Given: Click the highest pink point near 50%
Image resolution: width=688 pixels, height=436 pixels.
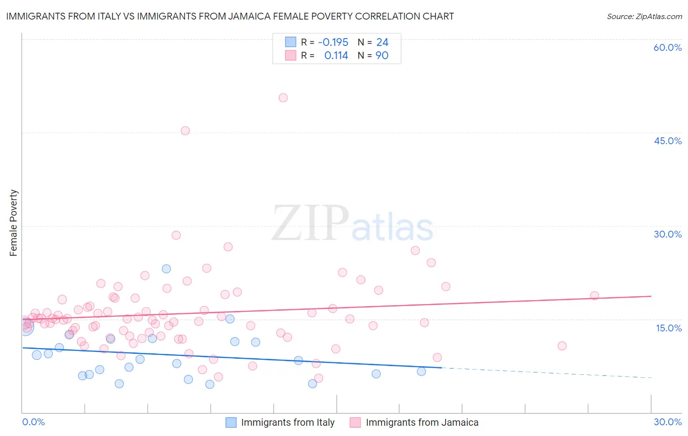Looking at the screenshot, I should coord(283,98).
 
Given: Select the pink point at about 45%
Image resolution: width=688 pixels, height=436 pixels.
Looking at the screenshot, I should coord(185,131).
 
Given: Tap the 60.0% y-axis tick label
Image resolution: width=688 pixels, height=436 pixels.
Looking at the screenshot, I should coord(667,47).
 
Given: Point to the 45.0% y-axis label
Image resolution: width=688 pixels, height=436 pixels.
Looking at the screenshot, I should coord(667,141).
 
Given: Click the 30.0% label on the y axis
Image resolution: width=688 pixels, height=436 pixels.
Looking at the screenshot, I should coord(667,234).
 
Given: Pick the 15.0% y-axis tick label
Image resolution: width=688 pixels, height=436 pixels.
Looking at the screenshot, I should coord(668,328).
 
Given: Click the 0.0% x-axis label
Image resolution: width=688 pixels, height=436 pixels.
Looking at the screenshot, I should coord(33,422).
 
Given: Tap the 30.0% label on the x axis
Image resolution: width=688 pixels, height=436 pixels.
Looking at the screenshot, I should coord(667,422).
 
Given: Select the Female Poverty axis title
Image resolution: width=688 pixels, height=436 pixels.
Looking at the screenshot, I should coord(14,223).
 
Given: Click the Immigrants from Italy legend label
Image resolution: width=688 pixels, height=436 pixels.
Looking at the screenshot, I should coord(288,422).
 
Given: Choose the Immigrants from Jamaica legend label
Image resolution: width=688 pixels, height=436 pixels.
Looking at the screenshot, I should coord(422,422).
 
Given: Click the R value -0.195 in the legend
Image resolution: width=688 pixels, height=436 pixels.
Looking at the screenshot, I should coord(333,43).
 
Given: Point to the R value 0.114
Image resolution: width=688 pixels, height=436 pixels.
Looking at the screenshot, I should coord(336,56).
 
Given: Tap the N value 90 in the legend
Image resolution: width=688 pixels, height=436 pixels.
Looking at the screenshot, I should coord(382,56).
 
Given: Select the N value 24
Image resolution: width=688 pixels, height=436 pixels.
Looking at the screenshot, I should coord(382,43).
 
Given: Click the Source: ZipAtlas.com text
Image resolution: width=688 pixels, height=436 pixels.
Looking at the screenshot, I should coord(644,17).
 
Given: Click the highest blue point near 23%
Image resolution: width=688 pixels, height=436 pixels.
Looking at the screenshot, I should coord(166,269).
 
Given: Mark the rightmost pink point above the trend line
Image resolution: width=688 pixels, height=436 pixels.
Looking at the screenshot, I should coord(595,296).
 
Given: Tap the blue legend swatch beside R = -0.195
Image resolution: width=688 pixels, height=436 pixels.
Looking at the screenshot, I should coord(291,42).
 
